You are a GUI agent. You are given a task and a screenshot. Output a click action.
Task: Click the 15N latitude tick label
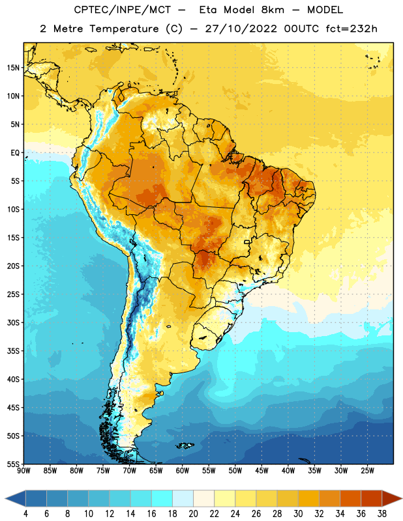pos(13,68)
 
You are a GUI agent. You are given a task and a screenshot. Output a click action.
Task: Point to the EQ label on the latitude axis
pos(15,153)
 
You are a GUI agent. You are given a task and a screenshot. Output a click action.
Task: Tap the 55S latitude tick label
pos(13,464)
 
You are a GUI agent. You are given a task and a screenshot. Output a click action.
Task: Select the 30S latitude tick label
pos(13,322)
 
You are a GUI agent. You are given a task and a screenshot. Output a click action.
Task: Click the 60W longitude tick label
pos(183,471)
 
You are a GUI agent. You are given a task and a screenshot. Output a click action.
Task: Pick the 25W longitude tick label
pos(367,471)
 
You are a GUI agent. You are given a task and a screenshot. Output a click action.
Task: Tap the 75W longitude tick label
pos(103,471)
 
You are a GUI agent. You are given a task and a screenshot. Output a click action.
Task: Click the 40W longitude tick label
pos(288,471)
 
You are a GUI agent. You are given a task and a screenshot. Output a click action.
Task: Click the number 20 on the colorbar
pos(193,514)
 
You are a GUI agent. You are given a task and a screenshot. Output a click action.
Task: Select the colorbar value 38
pos(382,514)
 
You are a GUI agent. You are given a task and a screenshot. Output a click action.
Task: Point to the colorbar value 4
pos(25,514)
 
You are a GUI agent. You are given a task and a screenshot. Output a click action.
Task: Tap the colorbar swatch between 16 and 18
pos(162,498)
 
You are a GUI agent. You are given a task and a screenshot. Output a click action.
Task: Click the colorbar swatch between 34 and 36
pos(351,498)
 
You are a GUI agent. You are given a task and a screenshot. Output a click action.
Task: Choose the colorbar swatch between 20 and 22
pos(204,498)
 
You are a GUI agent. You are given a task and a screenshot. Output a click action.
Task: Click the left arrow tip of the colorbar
pos(5,498)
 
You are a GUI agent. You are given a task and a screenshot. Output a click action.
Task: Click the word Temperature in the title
pos(124,29)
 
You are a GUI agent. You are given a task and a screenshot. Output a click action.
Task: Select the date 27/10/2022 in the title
pos(241,29)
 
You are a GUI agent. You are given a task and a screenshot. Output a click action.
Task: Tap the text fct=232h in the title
pos(351,29)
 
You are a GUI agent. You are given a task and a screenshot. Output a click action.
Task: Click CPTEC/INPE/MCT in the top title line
pos(123,10)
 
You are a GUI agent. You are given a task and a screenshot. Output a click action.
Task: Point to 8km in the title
pos(273,10)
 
